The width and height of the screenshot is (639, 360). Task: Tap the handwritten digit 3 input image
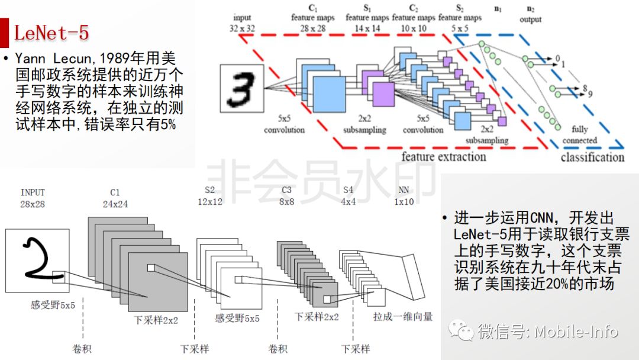(241, 88)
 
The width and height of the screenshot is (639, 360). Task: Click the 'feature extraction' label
(443, 156)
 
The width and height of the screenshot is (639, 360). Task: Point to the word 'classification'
(592, 157)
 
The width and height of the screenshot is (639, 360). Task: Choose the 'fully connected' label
(580, 135)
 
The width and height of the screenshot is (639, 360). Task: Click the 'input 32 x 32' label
(243, 23)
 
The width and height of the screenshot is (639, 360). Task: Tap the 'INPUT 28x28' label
(33, 198)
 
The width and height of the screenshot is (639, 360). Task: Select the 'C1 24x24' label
(115, 198)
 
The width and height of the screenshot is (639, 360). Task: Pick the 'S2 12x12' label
(210, 196)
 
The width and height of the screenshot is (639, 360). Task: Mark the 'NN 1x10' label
(405, 196)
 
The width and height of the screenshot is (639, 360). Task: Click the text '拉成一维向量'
(403, 316)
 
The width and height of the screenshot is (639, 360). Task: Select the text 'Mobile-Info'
(576, 332)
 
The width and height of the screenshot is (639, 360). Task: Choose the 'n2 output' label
(530, 15)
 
